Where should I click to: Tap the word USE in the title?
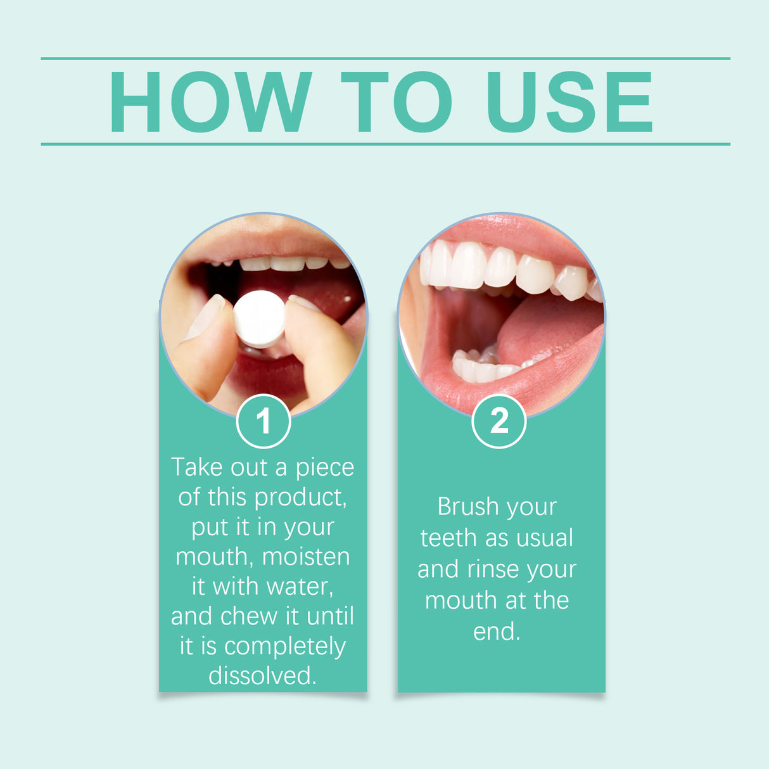pyautogui.click(x=568, y=102)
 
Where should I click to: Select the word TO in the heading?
pyautogui.click(x=397, y=102)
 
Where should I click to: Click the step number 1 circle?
pyautogui.click(x=264, y=421)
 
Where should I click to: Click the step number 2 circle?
pyautogui.click(x=499, y=421)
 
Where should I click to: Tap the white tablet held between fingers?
pyautogui.click(x=259, y=319)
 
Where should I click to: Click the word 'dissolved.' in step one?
pyautogui.click(x=262, y=676)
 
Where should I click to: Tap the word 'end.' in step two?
pyautogui.click(x=497, y=632)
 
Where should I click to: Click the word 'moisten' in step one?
pyautogui.click(x=306, y=557)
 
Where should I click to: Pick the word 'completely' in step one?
pyautogui.click(x=285, y=647)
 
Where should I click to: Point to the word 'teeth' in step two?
pyautogui.click(x=448, y=538)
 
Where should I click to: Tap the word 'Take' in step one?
pyautogui.click(x=197, y=467)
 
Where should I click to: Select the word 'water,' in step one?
pyautogui.click(x=300, y=587)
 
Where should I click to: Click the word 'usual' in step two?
pyautogui.click(x=544, y=538)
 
